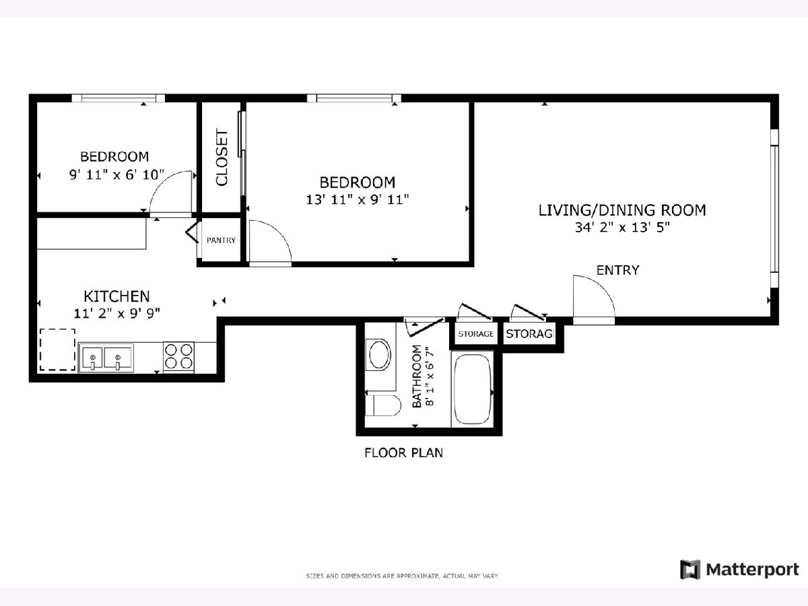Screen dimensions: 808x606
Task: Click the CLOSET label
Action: [222, 158]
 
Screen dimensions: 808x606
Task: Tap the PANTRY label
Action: [221, 240]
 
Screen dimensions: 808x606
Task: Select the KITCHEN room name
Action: [116, 296]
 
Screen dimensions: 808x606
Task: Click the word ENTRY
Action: [617, 270]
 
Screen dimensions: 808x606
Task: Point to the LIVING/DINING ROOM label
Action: [622, 210]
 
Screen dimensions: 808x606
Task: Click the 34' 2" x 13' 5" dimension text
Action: [622, 228]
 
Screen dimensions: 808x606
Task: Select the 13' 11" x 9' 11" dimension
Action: [358, 199]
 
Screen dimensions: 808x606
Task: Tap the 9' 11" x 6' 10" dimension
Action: [116, 174]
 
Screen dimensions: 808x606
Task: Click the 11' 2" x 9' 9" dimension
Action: [116, 314]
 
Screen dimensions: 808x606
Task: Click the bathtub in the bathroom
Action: [473, 389]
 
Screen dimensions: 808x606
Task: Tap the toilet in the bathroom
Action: [383, 405]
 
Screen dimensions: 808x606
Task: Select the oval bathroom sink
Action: [380, 355]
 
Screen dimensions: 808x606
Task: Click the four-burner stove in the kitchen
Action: [178, 357]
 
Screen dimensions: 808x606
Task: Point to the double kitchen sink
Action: [106, 358]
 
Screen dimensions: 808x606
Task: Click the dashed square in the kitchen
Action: [57, 349]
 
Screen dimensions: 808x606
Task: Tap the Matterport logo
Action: [739, 570]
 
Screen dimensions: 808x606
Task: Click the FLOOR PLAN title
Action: [403, 452]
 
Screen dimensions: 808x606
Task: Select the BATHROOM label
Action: [417, 376]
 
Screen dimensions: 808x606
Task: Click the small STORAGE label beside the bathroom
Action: [475, 334]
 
